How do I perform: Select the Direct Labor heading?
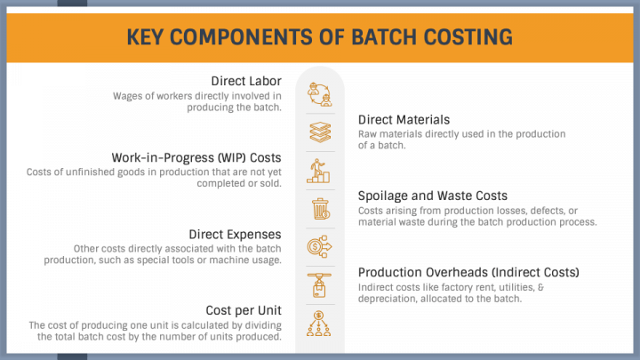(246, 81)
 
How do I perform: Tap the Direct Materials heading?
(404, 120)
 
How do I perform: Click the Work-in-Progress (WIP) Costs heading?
(196, 157)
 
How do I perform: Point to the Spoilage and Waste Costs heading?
(433, 196)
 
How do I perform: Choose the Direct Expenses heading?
(235, 235)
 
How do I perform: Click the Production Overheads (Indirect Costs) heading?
(468, 272)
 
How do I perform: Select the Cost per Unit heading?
(244, 310)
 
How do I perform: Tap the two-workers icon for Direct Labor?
(320, 95)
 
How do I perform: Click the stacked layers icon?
(320, 132)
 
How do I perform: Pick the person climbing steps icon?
(318, 171)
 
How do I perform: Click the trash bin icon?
(320, 209)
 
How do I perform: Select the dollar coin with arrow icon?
(320, 246)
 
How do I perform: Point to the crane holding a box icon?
(319, 285)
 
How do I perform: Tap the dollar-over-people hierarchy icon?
(319, 324)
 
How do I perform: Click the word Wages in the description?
(125, 96)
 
